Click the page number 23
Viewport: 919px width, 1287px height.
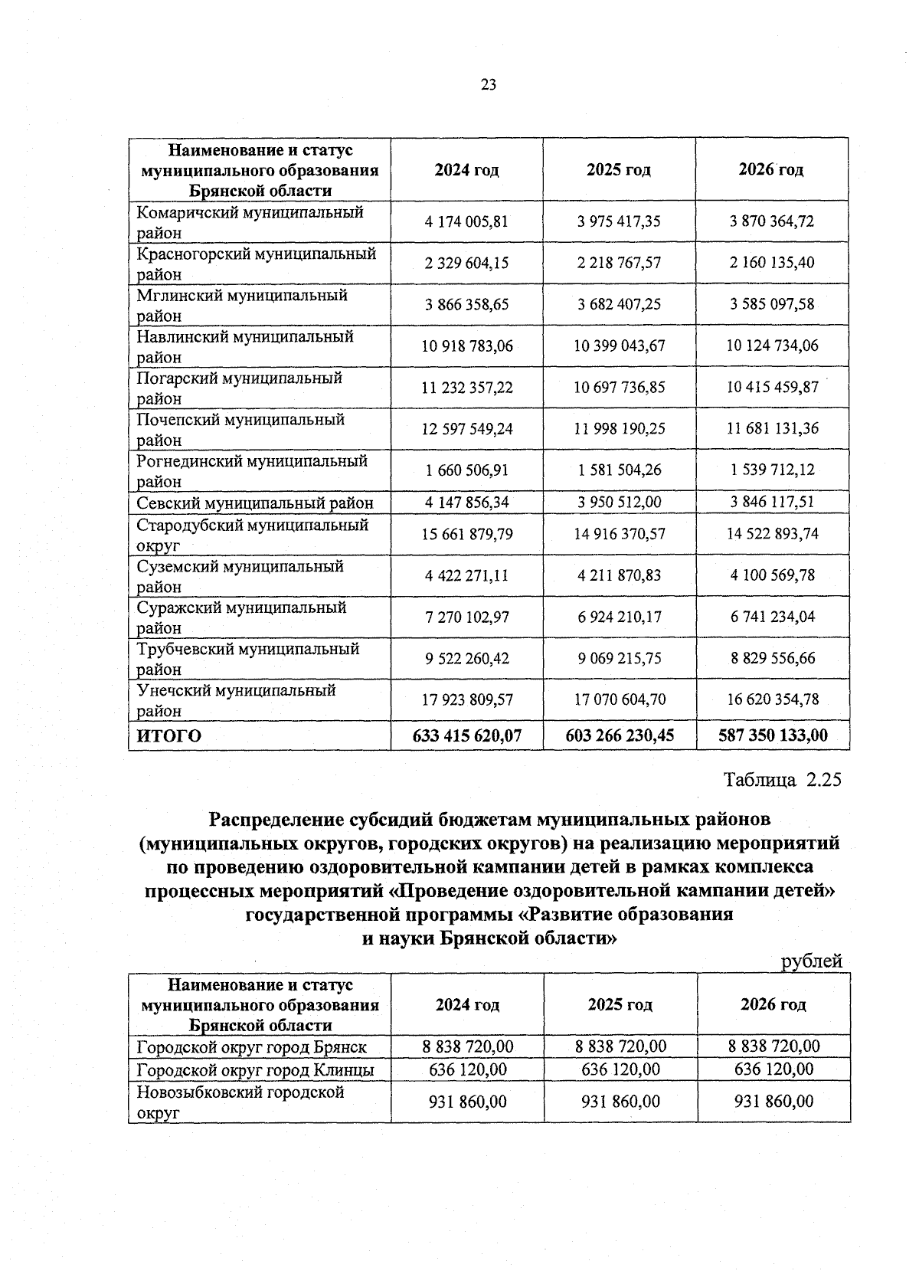[x=489, y=85]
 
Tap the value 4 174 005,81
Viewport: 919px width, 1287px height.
[x=466, y=222]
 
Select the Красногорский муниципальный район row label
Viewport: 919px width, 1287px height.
[x=257, y=263]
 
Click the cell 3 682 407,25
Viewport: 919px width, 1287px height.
[x=619, y=305]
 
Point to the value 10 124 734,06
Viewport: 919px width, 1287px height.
[x=772, y=346]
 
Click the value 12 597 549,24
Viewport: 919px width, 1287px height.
[x=466, y=429]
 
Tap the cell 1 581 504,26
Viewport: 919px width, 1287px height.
[x=619, y=470]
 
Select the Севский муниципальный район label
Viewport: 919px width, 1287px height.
[x=255, y=503]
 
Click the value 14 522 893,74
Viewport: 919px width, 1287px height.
[x=772, y=534]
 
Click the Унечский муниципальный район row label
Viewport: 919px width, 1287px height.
[x=236, y=700]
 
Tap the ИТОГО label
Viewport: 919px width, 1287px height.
[x=169, y=736]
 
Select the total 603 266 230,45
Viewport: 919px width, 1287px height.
[x=619, y=736]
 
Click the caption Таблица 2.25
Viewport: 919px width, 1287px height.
[x=782, y=780]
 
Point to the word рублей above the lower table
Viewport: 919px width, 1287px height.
[x=811, y=961]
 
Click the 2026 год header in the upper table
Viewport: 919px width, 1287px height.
[x=770, y=170]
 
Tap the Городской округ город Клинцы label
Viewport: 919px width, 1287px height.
[x=255, y=1069]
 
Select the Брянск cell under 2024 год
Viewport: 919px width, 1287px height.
[x=467, y=1046]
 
